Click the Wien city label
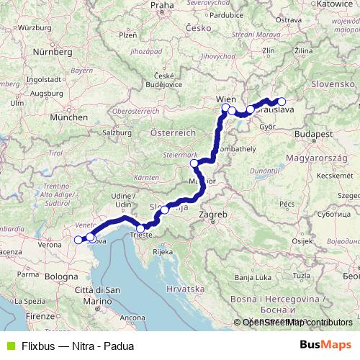226,99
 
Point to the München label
69,117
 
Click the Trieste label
140,235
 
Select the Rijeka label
163,252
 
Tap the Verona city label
49,245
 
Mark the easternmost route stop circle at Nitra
282,102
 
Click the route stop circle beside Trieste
140,228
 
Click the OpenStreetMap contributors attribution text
297,322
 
